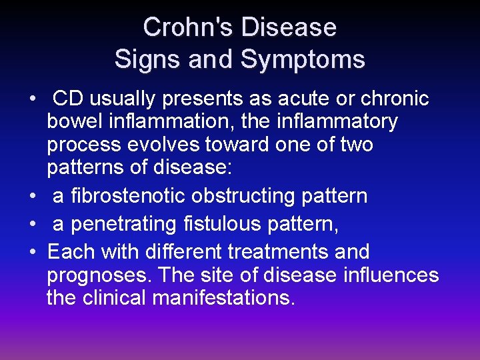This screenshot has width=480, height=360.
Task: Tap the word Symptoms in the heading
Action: click(303, 59)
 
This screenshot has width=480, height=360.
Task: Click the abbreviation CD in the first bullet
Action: click(68, 99)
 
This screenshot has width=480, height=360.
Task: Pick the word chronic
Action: click(395, 99)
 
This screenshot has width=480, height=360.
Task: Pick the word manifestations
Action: click(223, 297)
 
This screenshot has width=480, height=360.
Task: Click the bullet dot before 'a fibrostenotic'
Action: click(33, 197)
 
